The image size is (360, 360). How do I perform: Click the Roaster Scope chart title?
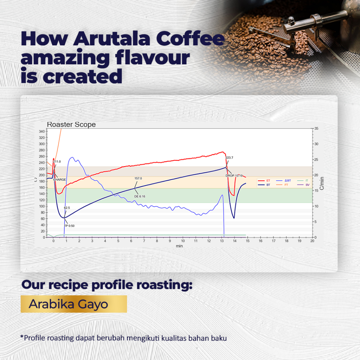pos(71,124)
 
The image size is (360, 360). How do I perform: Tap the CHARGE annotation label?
pos(60,179)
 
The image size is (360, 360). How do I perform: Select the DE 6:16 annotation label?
pos(140,196)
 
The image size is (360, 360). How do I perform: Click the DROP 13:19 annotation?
pos(234,175)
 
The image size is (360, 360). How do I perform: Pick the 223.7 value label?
pos(230,157)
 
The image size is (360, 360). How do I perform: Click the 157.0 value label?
pos(138,178)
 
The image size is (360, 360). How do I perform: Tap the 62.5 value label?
pos(67,208)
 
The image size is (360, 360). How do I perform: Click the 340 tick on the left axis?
pos(41,131)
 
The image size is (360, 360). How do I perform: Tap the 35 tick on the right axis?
pos(316,128)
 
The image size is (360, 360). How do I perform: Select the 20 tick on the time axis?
pos(312,242)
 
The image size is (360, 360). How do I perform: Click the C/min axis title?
pos(322,183)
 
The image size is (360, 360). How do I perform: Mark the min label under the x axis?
pos(179,246)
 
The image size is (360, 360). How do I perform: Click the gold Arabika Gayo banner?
pos(73,304)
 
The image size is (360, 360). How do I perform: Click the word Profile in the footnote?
pos(34,339)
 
